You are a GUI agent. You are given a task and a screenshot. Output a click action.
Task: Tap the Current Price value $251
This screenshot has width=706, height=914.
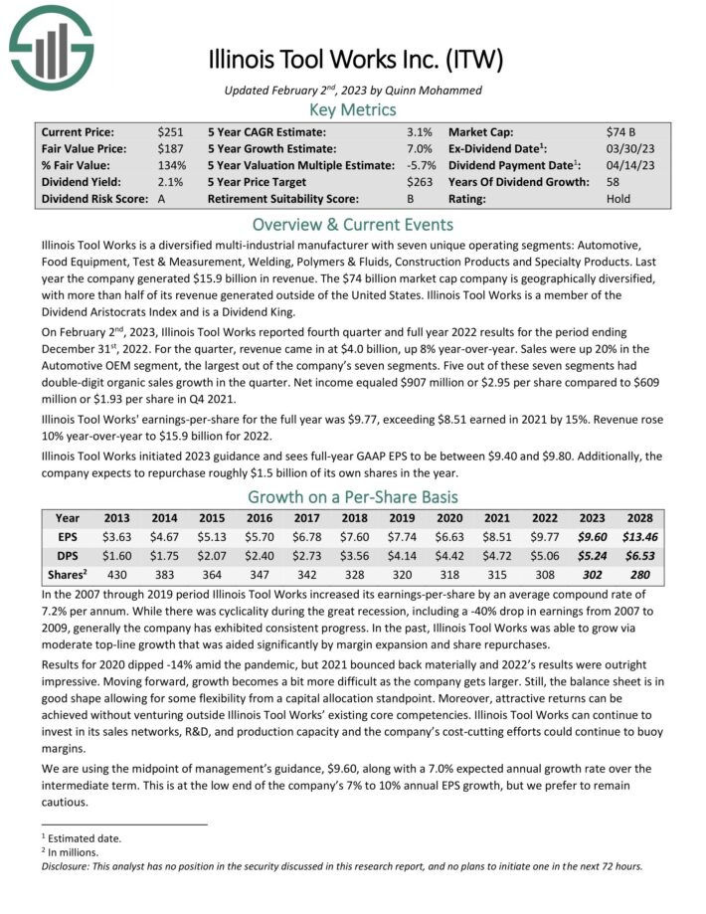(169, 131)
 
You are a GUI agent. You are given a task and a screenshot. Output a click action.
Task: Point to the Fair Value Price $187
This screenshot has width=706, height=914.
(169, 148)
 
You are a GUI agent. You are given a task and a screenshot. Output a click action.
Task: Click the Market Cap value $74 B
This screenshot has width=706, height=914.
(622, 131)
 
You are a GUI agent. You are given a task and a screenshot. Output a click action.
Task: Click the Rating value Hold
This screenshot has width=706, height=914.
(618, 199)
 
